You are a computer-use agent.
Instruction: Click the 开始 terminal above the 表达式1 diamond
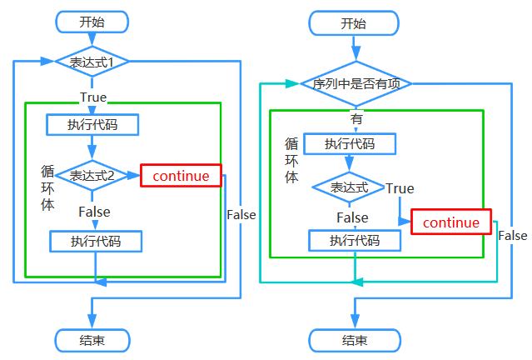pyautogui.click(x=92, y=22)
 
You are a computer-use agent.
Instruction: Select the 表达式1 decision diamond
pyautogui.click(x=92, y=61)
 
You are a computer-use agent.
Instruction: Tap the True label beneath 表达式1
pyautogui.click(x=92, y=97)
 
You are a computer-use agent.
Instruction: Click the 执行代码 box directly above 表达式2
pyautogui.click(x=92, y=125)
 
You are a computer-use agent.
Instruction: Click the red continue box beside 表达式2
pyautogui.click(x=181, y=175)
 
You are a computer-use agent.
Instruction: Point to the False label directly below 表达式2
pyautogui.click(x=94, y=212)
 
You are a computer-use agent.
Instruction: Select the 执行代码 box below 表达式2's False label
pyautogui.click(x=95, y=242)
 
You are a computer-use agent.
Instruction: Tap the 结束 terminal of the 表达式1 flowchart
pyautogui.click(x=92, y=340)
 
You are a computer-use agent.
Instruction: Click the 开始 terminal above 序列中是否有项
pyautogui.click(x=353, y=22)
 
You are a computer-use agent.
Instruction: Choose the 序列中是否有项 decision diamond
pyautogui.click(x=355, y=83)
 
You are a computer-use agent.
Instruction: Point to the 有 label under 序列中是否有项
pyautogui.click(x=356, y=118)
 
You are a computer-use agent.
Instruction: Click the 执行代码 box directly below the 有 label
pyautogui.click(x=350, y=143)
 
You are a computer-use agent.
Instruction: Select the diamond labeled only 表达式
pyautogui.click(x=349, y=187)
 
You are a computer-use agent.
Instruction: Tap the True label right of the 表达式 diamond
pyautogui.click(x=400, y=188)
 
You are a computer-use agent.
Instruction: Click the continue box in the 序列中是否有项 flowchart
pyautogui.click(x=451, y=222)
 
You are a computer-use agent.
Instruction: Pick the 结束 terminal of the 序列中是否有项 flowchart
pyautogui.click(x=354, y=340)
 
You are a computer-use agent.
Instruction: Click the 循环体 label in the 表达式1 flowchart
pyautogui.click(x=47, y=187)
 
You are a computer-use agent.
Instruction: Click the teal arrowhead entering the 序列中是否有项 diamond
pyautogui.click(x=291, y=83)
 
